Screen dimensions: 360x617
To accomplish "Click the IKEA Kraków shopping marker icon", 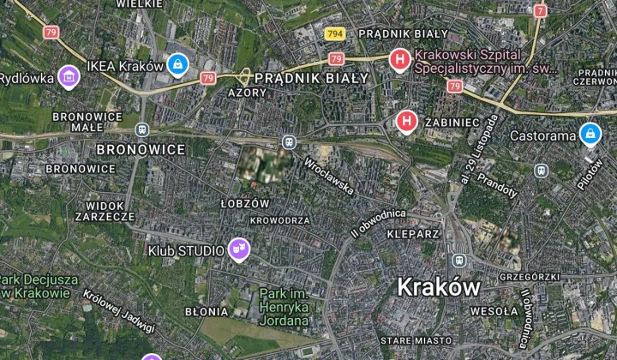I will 177,65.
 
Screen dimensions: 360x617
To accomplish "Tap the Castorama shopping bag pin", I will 590,135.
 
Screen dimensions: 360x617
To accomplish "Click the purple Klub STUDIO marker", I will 238,249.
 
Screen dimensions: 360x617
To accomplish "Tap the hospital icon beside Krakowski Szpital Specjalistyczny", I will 398,60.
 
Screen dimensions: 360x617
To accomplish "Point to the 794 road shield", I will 336,33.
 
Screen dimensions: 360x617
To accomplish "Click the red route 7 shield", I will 540,11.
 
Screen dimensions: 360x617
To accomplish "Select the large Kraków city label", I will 438,287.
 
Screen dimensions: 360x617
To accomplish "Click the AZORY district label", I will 248,92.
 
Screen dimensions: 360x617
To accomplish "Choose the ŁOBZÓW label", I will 244,203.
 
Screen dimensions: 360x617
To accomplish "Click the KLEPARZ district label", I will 413,233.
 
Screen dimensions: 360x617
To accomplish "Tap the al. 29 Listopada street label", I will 479,150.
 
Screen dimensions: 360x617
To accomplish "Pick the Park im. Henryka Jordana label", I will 284,307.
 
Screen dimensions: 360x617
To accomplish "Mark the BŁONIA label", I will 206,312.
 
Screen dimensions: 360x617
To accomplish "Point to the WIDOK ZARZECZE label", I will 111,212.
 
